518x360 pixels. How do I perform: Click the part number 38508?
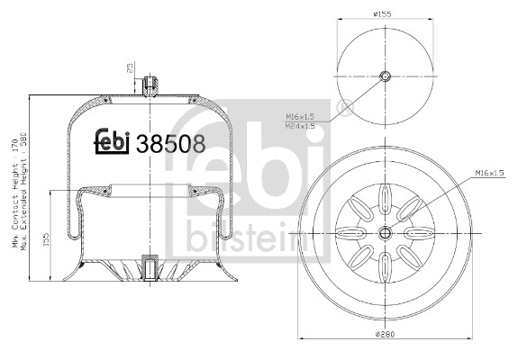pos(170,142)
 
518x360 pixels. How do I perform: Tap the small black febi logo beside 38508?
pos(114,142)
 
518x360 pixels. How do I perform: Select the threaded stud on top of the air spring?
pos(150,86)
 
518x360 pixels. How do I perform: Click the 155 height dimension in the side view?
pos(46,239)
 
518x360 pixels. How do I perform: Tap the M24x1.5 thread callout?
pos(300,126)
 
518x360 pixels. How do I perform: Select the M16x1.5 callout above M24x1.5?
pos(300,117)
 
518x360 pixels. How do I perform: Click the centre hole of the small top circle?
pos(386,76)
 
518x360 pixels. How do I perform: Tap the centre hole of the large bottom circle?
pos(386,233)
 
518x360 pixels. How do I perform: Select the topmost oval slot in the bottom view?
pos(386,197)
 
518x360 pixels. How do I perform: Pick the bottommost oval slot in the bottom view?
pos(386,267)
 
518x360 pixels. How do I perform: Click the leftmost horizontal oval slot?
pos(351,233)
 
